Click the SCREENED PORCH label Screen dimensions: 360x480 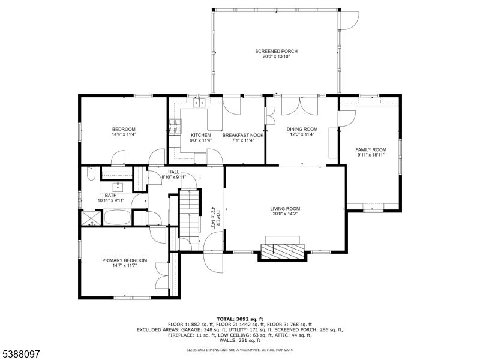(x=276, y=51)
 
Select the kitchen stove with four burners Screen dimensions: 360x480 (x=176, y=127)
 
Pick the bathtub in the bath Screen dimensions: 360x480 (x=116, y=217)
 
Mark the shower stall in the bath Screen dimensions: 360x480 (x=91, y=217)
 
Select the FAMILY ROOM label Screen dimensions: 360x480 (x=371, y=149)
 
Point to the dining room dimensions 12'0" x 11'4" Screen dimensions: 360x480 (x=302, y=134)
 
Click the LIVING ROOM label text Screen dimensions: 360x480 (x=285, y=208)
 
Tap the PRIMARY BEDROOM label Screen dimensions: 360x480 (x=124, y=260)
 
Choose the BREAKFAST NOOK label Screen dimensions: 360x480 (x=243, y=135)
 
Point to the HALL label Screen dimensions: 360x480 (x=173, y=172)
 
